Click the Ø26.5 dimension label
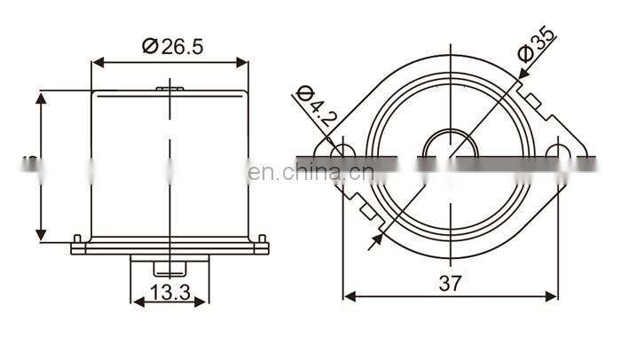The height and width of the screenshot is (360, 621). point(172,47)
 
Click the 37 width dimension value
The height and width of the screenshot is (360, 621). point(450,283)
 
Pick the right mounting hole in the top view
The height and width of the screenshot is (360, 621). point(557,152)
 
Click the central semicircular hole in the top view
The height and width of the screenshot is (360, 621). point(450,145)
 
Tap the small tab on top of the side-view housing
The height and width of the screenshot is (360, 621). point(169,88)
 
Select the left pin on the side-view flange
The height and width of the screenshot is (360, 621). point(78,239)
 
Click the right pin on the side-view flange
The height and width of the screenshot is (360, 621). point(262,239)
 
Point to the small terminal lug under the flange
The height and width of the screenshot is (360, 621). point(169,267)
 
